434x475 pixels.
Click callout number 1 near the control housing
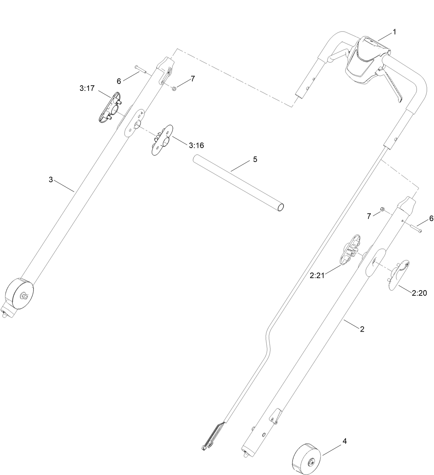point(394,32)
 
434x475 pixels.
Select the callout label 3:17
point(87,88)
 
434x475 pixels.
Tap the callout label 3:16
point(196,145)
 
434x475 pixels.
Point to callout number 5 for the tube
point(255,159)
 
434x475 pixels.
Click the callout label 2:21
point(317,276)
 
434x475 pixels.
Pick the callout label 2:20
point(419,293)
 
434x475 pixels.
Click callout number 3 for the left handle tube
point(51,180)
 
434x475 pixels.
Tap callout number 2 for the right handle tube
point(362,329)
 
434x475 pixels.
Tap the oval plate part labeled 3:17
point(109,107)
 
